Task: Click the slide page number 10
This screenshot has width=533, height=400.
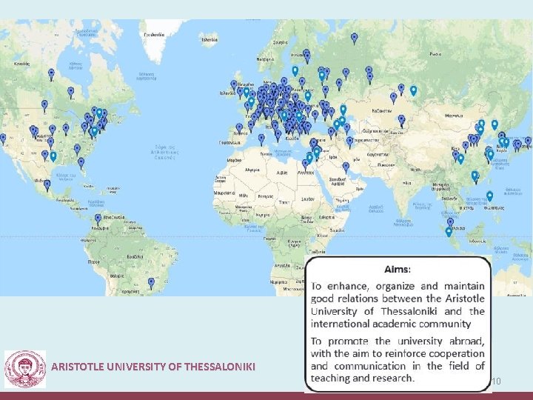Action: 496,381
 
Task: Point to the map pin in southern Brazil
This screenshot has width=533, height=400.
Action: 151,282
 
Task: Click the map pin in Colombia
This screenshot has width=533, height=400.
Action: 98,219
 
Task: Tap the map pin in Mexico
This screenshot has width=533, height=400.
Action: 47,184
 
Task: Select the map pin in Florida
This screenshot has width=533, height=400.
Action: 81,161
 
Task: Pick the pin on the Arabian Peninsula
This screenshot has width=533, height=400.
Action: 345,167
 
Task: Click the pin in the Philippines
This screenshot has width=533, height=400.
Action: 489,196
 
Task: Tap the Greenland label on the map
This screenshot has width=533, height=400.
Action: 153,34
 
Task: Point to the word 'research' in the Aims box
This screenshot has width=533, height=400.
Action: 389,378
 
